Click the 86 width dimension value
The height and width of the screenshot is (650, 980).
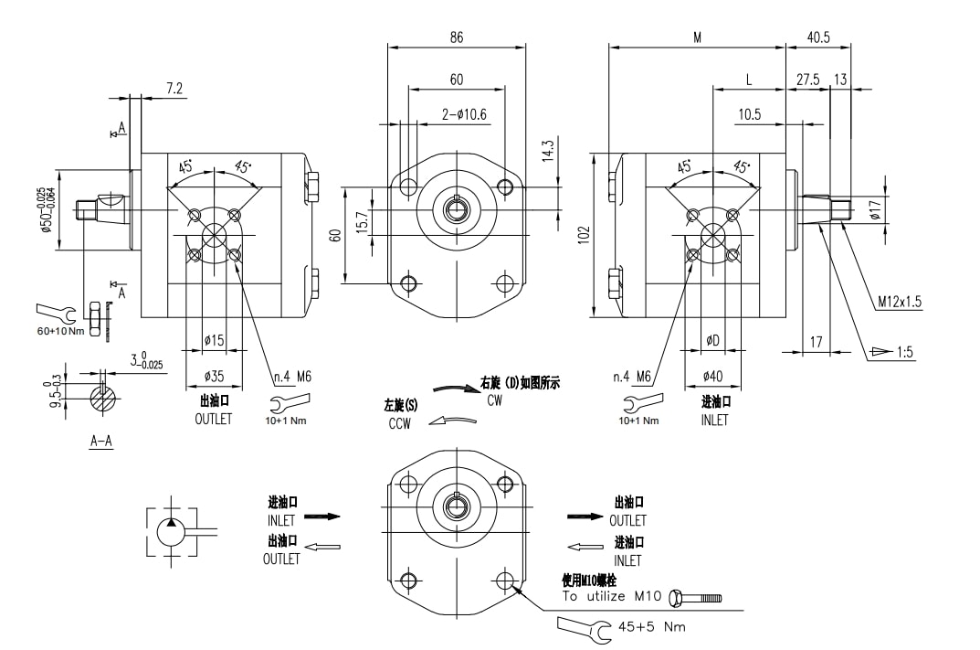tap(457, 37)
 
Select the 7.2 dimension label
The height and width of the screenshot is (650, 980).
tap(174, 89)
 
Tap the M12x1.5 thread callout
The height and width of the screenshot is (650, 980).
tap(901, 300)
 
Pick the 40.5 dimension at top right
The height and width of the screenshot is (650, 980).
tap(818, 37)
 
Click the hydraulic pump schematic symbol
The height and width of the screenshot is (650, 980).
tap(172, 529)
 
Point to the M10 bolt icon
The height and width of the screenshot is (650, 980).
tap(696, 598)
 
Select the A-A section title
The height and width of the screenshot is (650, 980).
tap(101, 441)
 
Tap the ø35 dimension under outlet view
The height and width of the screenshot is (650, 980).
tap(214, 376)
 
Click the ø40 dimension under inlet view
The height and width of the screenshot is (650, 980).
tap(713, 376)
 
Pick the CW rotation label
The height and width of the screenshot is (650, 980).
tap(494, 400)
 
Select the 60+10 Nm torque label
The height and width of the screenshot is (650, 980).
tap(60, 330)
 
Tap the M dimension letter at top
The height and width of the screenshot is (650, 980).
tap(697, 37)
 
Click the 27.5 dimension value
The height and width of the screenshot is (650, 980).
tap(807, 80)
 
